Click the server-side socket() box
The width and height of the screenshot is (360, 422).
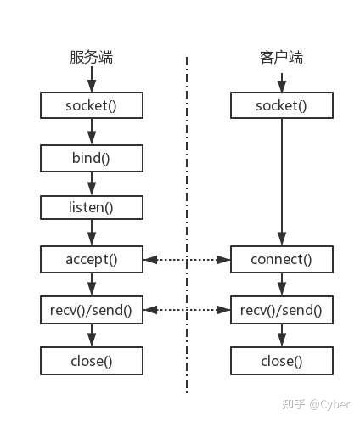(92, 105)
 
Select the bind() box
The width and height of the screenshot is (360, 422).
(92, 157)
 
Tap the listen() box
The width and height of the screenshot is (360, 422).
(92, 207)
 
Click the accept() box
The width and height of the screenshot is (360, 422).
(92, 258)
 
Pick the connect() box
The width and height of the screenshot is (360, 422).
(281, 258)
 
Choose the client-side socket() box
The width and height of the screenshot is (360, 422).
(281, 105)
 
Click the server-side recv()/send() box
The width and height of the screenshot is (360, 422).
(92, 309)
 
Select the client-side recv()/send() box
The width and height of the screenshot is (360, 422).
(281, 309)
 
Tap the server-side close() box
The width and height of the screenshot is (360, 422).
(92, 361)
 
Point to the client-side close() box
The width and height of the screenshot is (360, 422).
(281, 361)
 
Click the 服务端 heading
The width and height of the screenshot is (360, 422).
(92, 59)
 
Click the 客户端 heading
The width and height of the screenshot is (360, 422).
(281, 59)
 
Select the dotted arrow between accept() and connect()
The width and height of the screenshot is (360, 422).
(187, 258)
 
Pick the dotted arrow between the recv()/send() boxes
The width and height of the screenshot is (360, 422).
(187, 309)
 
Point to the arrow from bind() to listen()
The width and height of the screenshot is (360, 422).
(92, 183)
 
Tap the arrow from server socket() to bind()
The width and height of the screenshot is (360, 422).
(92, 131)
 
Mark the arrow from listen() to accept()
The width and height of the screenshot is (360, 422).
(92, 233)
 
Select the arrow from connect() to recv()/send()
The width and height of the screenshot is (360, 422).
(281, 284)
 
